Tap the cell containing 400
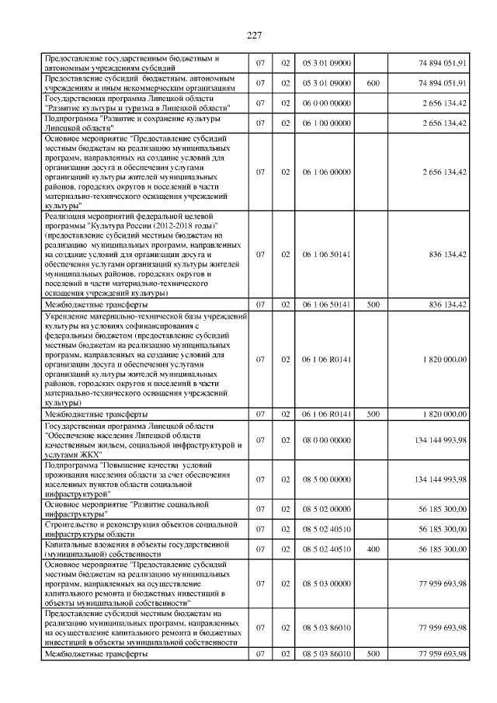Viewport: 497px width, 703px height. pyautogui.click(x=373, y=549)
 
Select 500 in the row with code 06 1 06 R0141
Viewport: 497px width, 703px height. pyautogui.click(x=373, y=415)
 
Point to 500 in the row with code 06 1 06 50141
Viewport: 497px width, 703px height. pyautogui.click(x=373, y=305)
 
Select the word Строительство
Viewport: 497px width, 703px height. pyautogui.click(x=74, y=524)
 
